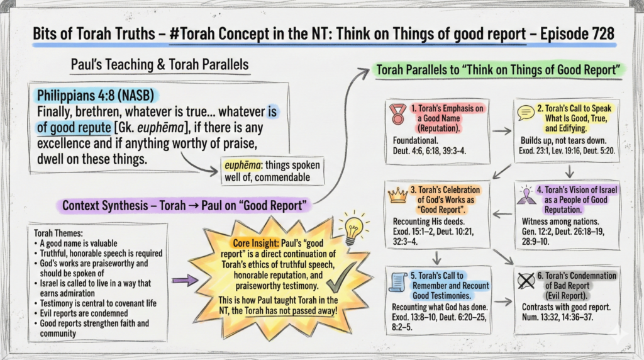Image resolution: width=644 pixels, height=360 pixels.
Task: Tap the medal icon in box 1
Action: pos(397,114)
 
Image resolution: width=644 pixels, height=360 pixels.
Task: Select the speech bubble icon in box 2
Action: pos(525,113)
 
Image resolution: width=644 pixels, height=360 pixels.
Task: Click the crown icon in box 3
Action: pos(397,195)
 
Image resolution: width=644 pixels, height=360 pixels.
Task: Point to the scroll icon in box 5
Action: pos(397,283)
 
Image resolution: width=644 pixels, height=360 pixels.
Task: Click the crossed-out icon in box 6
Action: pos(526,281)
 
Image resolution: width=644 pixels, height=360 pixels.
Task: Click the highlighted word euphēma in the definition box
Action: pos(242,165)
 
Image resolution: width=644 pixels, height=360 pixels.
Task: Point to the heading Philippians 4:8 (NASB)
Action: pos(96,95)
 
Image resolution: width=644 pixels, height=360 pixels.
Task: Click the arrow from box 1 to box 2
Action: pos(501,132)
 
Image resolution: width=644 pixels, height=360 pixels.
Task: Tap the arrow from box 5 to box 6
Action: pos(502,302)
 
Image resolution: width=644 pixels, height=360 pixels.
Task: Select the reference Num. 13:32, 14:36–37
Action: pos(557,317)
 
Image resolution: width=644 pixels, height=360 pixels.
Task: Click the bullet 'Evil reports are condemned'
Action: pos(84,313)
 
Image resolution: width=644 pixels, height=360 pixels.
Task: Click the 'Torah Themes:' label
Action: pos(58,233)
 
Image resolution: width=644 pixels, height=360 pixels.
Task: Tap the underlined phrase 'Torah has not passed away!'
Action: pos(291,311)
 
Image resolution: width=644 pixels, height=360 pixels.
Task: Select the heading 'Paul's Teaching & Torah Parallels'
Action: pos(160,65)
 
